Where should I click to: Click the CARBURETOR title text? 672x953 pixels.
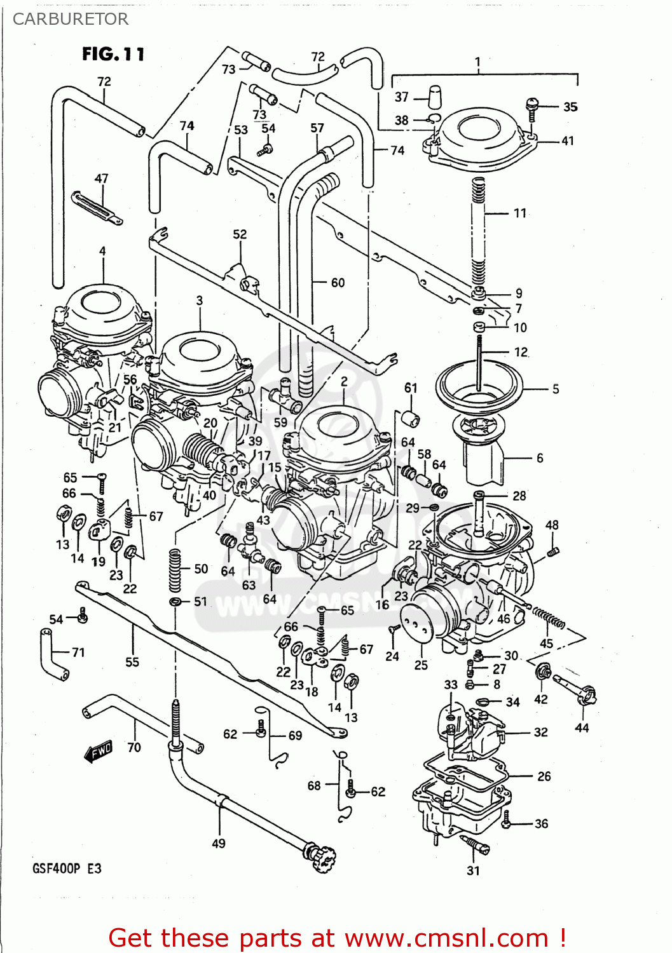click(x=70, y=19)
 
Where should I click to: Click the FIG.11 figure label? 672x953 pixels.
click(x=113, y=55)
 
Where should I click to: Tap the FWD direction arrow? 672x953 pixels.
click(x=99, y=751)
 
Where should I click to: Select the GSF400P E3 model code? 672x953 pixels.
click(x=67, y=868)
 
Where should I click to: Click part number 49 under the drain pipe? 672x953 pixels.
click(x=218, y=843)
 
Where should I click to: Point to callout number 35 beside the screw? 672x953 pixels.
click(x=570, y=107)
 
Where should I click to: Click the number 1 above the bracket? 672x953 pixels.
click(x=477, y=62)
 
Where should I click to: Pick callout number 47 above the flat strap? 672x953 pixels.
click(x=101, y=179)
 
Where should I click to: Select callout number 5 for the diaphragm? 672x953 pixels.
click(x=555, y=388)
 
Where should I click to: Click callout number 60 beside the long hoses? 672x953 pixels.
click(x=338, y=283)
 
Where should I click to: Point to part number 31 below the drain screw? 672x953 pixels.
click(x=473, y=870)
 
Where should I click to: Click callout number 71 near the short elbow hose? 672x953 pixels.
click(x=78, y=652)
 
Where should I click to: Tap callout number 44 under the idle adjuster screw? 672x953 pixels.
click(x=582, y=727)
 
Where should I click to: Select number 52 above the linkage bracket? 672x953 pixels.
click(x=240, y=234)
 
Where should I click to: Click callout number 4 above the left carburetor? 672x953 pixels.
click(x=102, y=251)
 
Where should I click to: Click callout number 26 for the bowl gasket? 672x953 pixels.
click(x=544, y=776)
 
